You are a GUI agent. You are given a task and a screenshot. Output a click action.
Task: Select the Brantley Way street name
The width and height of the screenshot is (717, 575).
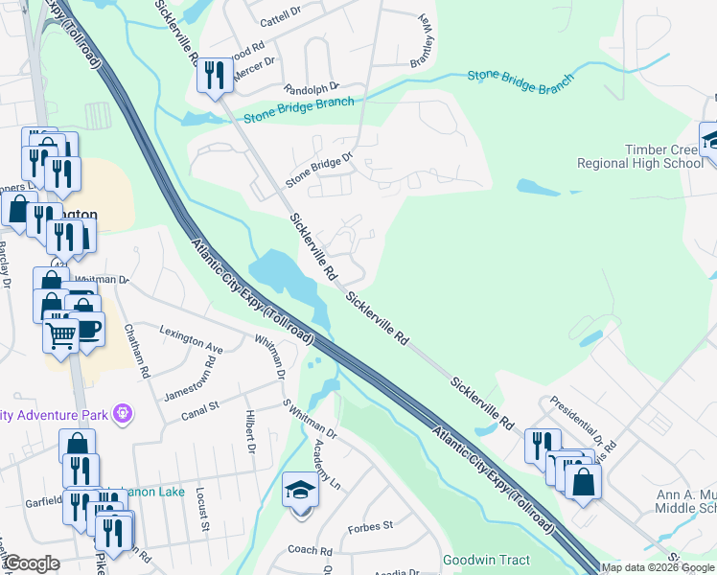coord(422,37)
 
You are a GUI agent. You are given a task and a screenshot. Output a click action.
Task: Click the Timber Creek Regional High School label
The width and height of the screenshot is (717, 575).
coord(639,156)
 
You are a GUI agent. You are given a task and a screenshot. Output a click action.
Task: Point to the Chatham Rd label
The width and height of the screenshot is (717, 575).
coord(136,350)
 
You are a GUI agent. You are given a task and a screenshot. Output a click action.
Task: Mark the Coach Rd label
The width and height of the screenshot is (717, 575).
coord(310,551)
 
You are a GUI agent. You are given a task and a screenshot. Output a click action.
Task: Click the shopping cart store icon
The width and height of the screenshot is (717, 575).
coord(61,335)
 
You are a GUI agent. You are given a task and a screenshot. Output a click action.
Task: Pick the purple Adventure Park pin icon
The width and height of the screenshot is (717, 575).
coord(122,413)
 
